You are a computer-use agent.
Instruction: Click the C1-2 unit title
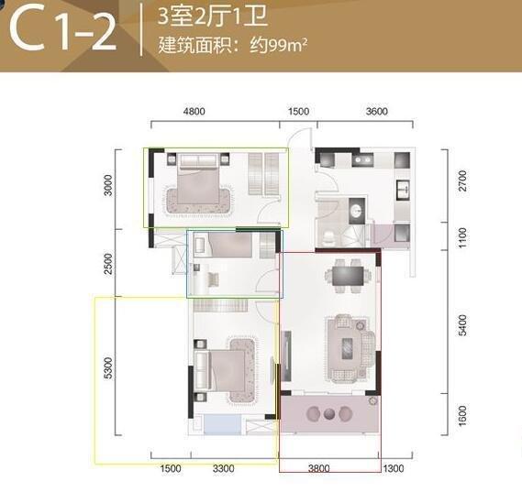[x=63, y=31]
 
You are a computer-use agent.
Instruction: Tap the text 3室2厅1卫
[x=213, y=16]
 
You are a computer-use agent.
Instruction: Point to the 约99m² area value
[x=278, y=46]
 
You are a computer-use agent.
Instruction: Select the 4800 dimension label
[x=194, y=111]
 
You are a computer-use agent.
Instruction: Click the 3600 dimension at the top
[x=376, y=111]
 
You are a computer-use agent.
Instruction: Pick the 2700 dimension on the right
[x=462, y=180]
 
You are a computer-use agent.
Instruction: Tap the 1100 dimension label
[x=462, y=237]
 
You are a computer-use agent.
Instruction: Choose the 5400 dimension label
[x=462, y=324]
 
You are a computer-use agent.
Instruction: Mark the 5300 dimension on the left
[x=108, y=368]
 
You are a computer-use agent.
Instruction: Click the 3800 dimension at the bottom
[x=319, y=468]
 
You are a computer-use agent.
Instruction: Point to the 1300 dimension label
[x=394, y=468]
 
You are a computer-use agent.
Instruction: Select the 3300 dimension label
[x=223, y=468]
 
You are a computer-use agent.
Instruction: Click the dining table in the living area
[x=348, y=276]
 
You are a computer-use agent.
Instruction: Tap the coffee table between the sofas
[x=347, y=348]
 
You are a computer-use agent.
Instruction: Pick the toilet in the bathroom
[x=329, y=236]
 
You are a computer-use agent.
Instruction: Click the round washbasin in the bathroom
[x=357, y=210]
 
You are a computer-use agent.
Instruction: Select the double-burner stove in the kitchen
[x=362, y=160]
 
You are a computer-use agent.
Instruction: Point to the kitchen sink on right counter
[x=403, y=190]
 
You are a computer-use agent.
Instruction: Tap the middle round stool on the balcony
[x=329, y=414]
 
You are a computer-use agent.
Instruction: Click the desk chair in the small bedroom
[x=213, y=279]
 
